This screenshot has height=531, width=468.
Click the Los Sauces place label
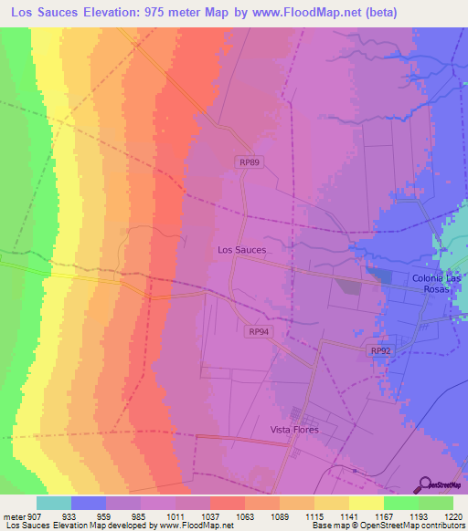[242, 249]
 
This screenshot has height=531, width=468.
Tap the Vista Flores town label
[293, 430]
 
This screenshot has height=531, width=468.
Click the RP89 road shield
[247, 161]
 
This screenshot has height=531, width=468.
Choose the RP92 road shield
[380, 350]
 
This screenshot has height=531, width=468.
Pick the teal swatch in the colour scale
[54, 503]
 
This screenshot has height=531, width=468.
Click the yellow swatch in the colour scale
[367, 503]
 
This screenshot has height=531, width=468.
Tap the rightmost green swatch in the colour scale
[436, 503]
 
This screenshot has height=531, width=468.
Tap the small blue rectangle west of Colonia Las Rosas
[378, 275]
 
